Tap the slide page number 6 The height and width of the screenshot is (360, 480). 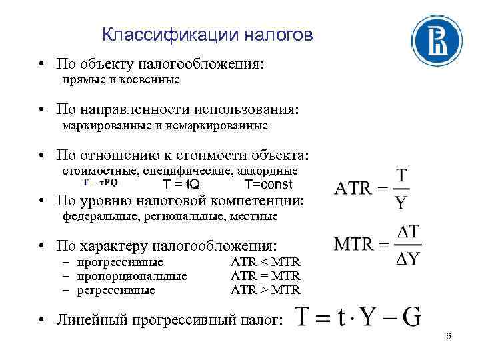tap(449, 337)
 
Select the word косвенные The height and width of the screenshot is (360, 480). tap(152, 80)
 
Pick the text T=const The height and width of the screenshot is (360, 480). tap(268, 185)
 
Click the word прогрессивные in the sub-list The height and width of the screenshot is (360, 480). tap(120, 262)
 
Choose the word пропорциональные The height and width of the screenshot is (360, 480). tap(132, 276)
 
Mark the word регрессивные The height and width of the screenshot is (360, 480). tap(116, 290)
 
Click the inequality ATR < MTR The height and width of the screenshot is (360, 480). tap(265, 262)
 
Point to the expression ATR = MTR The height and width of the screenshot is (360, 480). tap(265, 276)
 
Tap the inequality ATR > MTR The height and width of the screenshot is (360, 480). tap(265, 290)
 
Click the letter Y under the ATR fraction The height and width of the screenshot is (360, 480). tap(401, 201)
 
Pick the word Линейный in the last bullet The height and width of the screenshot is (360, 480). tap(85, 321)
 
